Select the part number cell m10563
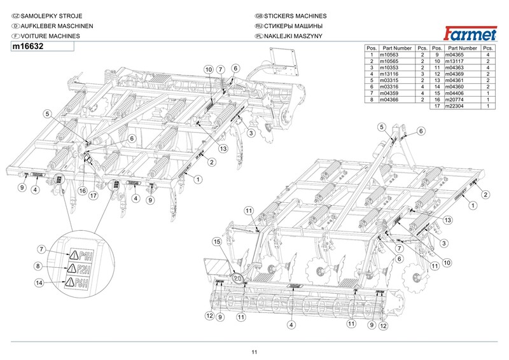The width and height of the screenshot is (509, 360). point(393,56)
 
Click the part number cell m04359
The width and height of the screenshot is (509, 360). point(393,93)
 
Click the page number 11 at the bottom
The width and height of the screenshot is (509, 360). point(254,352)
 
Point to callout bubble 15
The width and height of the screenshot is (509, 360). point(216,242)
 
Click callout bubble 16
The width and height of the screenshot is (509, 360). point(82,190)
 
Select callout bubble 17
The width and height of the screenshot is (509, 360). point(94,197)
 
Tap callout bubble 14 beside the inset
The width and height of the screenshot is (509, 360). point(39,283)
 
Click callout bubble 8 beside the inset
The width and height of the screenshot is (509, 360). point(39,266)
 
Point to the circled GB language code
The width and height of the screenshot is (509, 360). point(241,15)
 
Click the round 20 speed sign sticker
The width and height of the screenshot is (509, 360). point(237,279)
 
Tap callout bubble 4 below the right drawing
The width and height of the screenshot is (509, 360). point(291,325)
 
